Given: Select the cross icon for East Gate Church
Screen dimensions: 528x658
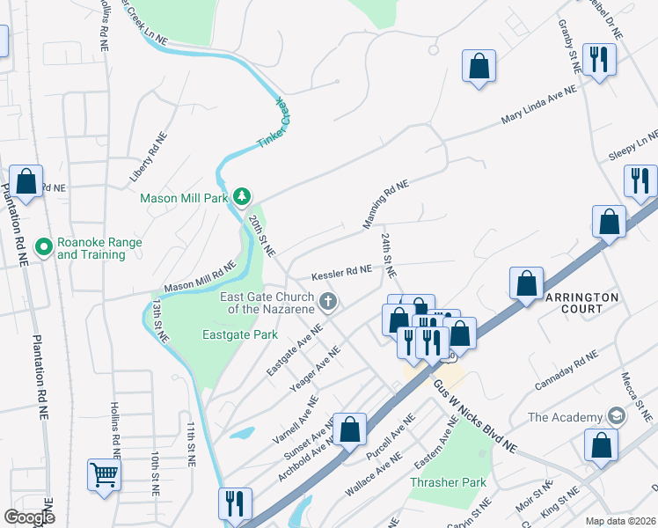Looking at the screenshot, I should coord(328,303).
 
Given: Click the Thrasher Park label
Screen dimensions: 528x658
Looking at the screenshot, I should coord(448,483).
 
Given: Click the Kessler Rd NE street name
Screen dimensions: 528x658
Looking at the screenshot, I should coord(340,271).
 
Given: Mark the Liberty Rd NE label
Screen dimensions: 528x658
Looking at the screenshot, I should coord(148,157).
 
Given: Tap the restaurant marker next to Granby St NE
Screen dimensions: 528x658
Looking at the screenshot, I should coord(599,60).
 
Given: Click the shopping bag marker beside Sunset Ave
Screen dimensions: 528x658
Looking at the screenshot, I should coord(349,429).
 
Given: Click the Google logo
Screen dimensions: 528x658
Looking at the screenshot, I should coord(29,517).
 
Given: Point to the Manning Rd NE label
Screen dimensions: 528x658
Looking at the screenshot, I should coord(387,204).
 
